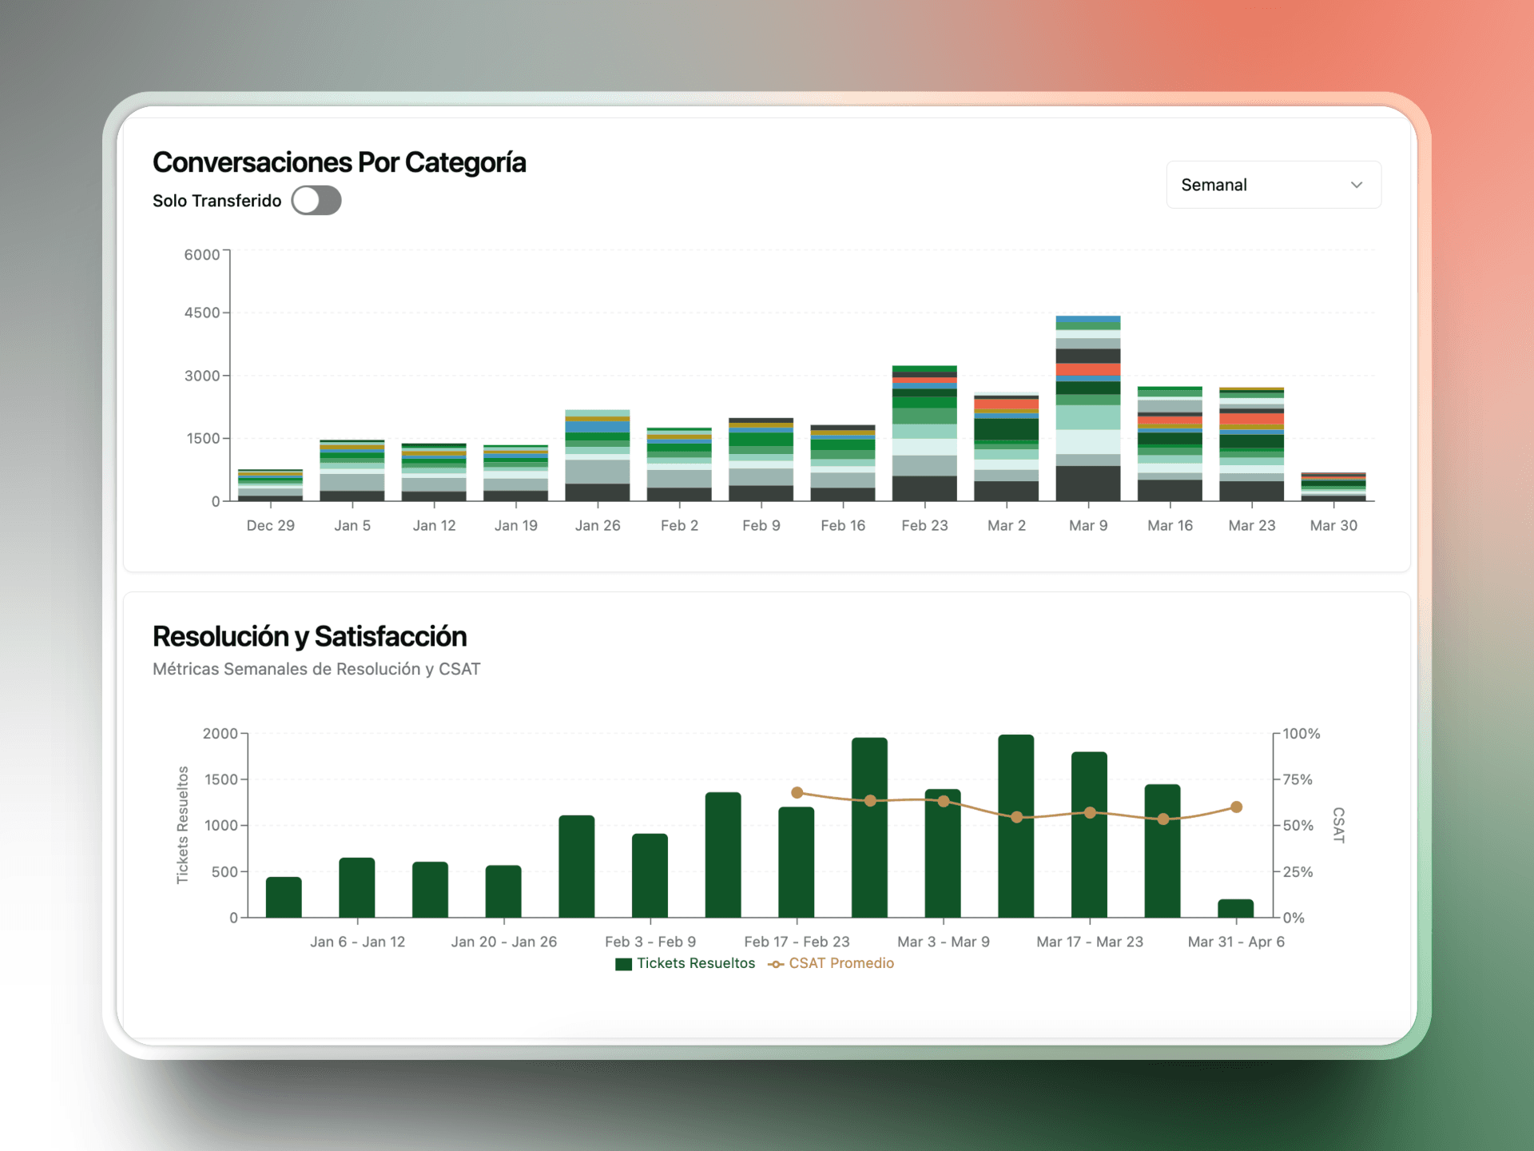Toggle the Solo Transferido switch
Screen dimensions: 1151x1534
click(x=316, y=201)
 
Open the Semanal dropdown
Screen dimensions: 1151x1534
click(x=1273, y=185)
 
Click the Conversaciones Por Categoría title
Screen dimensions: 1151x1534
click(x=339, y=162)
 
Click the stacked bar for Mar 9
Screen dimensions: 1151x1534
click(x=1087, y=408)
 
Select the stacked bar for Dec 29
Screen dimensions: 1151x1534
click(x=270, y=485)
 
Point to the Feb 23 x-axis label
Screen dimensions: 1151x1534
click(x=924, y=525)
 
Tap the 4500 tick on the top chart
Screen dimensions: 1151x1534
click(x=202, y=313)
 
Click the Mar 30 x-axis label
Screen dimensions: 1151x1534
click(x=1333, y=525)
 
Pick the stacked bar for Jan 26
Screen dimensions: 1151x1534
click(x=597, y=456)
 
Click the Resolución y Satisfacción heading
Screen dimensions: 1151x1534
click(x=309, y=636)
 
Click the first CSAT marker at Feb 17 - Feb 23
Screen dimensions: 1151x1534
click(x=797, y=793)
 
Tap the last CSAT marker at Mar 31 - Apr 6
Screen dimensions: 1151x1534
click(x=1236, y=807)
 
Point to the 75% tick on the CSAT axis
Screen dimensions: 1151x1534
click(x=1298, y=779)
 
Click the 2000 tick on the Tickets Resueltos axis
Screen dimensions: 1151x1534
click(x=220, y=734)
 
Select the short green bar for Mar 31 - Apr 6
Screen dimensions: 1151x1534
click(x=1235, y=908)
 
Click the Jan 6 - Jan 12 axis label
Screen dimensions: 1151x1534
click(x=357, y=942)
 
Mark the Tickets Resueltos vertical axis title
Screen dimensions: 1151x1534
click(x=183, y=825)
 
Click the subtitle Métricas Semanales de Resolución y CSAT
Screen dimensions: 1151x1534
click(x=316, y=669)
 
